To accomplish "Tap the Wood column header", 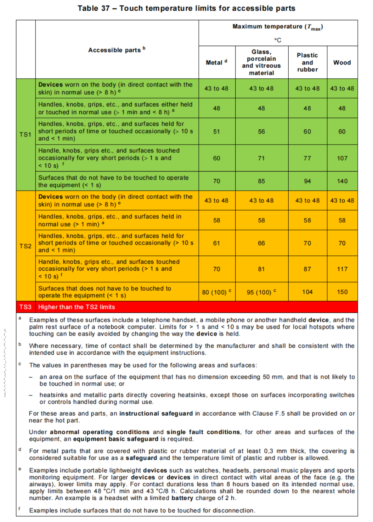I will pyautogui.click(x=342, y=62).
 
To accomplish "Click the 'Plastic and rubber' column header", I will pyautogui.click(x=307, y=62).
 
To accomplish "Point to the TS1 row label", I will pyautogui.click(x=26, y=135).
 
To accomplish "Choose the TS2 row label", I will pyautogui.click(x=26, y=246).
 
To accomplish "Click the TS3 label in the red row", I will pyautogui.click(x=26, y=307).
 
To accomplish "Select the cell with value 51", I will pyautogui.click(x=216, y=131).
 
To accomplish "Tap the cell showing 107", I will pyautogui.click(x=342, y=158).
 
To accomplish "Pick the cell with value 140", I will pyautogui.click(x=342, y=181).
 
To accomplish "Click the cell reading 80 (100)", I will pyautogui.click(x=216, y=292).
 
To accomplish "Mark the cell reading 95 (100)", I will pyautogui.click(x=261, y=292).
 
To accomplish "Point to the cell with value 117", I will pyautogui.click(x=342, y=269).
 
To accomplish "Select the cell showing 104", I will pyautogui.click(x=307, y=292).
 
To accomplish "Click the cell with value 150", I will pyautogui.click(x=342, y=292).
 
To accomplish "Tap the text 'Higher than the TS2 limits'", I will pyautogui.click(x=77, y=307).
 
